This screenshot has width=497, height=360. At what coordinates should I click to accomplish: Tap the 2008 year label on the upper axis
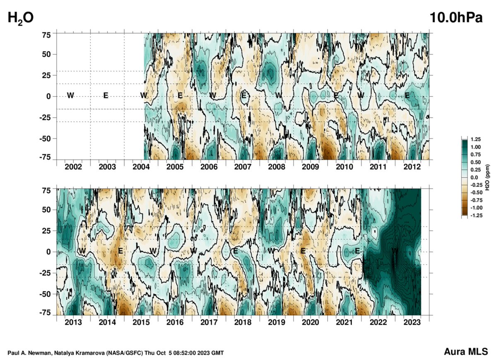277,167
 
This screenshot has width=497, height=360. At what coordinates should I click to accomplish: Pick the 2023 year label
413,322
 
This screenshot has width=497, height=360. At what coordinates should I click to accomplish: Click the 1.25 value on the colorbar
475,140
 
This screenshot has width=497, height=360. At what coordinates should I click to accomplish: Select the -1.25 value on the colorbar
476,215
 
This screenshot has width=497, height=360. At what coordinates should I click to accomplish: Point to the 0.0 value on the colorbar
475,177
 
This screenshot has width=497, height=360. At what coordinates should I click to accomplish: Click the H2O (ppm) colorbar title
489,177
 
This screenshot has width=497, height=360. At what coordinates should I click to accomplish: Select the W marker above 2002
70,96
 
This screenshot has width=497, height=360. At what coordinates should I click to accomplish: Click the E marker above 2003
106,96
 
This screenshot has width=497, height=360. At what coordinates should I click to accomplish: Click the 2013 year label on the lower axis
73,322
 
